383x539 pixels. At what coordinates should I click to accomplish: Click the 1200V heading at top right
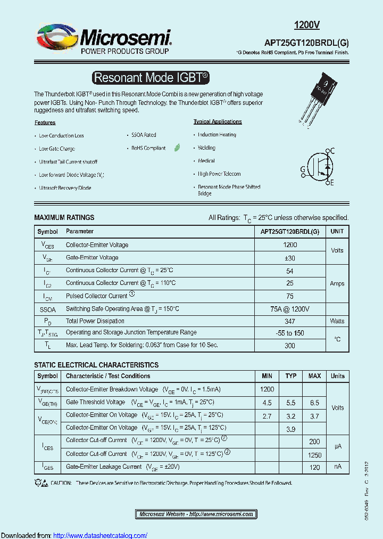tap(307, 24)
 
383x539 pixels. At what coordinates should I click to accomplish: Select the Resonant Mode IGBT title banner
tap(151, 77)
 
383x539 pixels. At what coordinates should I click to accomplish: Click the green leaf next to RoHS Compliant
tap(177, 148)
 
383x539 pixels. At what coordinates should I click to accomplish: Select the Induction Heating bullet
tap(217, 135)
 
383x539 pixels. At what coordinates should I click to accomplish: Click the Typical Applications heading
tap(218, 121)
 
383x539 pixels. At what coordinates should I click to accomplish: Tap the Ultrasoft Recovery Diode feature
tap(65, 188)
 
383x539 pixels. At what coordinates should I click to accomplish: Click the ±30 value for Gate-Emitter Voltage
tap(290, 258)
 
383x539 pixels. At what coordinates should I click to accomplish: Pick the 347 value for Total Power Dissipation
tap(290, 321)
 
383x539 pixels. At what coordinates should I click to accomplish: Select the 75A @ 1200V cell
tap(290, 309)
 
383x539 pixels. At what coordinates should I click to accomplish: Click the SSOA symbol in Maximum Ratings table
tap(47, 309)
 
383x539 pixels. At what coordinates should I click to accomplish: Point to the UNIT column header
tap(337, 232)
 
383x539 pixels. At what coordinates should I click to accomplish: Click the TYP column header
tap(291, 376)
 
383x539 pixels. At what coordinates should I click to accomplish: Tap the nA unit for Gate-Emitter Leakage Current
tap(338, 467)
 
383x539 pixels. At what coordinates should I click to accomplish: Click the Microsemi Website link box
tap(196, 514)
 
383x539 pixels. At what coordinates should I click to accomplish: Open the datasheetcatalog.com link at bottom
tap(101, 535)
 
